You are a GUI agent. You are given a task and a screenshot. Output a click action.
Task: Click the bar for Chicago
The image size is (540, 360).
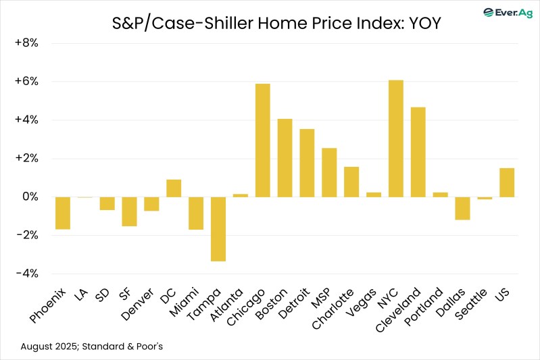262,140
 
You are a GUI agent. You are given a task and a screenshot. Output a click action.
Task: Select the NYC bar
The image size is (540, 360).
395,138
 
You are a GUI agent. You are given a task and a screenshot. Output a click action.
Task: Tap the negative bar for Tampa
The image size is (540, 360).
218,229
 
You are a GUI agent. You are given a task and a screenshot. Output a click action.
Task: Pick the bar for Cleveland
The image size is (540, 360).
418,152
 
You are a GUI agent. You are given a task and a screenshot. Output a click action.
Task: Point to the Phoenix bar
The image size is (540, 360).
63,213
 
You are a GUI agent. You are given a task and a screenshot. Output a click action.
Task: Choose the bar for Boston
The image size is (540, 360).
285,158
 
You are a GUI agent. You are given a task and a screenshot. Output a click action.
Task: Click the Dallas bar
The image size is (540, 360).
462,209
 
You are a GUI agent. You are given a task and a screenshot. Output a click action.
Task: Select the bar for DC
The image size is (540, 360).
174,188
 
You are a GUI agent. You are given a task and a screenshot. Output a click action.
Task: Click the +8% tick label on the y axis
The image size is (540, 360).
26,43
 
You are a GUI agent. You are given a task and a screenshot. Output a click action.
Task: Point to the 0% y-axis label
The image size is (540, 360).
29,197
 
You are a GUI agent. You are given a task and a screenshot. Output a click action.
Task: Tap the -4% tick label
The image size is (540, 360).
26,274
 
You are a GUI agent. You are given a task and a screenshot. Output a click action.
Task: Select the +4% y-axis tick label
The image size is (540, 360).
26,120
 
